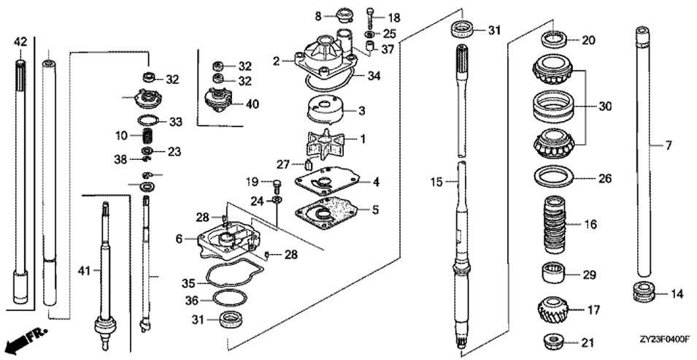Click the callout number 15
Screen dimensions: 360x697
[436, 182]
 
